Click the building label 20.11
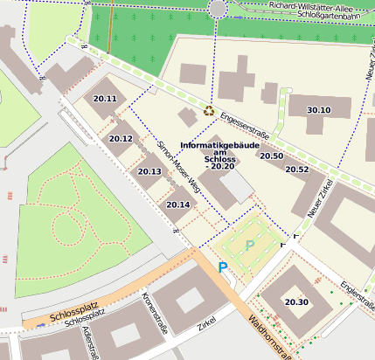(105, 99)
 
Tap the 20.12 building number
(121, 139)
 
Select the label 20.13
(149, 171)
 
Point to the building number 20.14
(177, 204)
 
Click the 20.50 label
(271, 156)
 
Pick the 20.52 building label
(297, 170)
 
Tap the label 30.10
(319, 110)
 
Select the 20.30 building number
(296, 302)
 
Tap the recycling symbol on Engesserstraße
(208, 111)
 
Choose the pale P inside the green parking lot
(250, 246)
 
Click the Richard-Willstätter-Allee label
(316, 5)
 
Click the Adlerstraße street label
(89, 343)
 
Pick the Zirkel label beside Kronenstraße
(206, 323)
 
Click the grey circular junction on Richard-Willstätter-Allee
(218, 8)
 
